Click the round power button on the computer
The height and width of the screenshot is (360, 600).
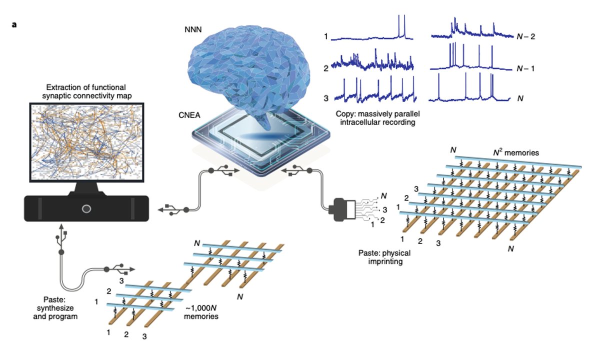pyautogui.click(x=86, y=208)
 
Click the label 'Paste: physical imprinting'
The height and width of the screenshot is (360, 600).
pyautogui.click(x=385, y=257)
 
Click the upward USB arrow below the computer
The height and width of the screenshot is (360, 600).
pyautogui.click(x=62, y=231)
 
